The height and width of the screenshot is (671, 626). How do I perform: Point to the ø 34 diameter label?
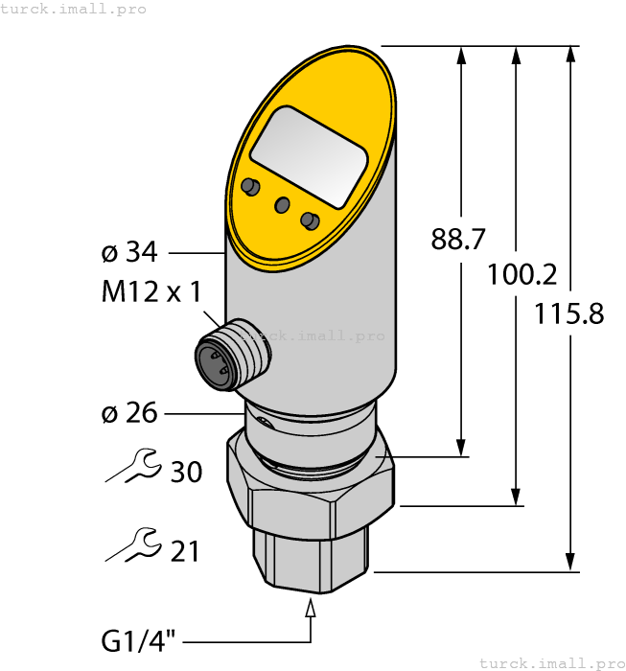click(x=129, y=253)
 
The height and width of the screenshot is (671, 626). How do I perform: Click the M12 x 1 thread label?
click(x=151, y=292)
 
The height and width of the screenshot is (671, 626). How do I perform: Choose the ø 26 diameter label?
click(x=129, y=413)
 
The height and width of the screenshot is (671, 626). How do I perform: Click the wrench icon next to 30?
click(x=131, y=466)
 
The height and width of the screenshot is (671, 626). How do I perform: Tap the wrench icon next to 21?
click(x=131, y=544)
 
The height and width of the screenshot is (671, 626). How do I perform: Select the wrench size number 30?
click(x=186, y=472)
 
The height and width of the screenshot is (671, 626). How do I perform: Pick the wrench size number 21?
click(x=185, y=550)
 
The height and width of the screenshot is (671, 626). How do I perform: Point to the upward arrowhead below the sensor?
click(x=311, y=609)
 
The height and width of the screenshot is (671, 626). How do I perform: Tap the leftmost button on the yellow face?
click(x=250, y=185)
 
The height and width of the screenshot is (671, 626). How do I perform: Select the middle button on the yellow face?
click(x=282, y=204)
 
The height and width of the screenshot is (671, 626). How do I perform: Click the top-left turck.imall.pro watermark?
click(x=74, y=9)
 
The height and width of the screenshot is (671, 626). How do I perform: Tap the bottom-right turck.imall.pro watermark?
click(x=550, y=662)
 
